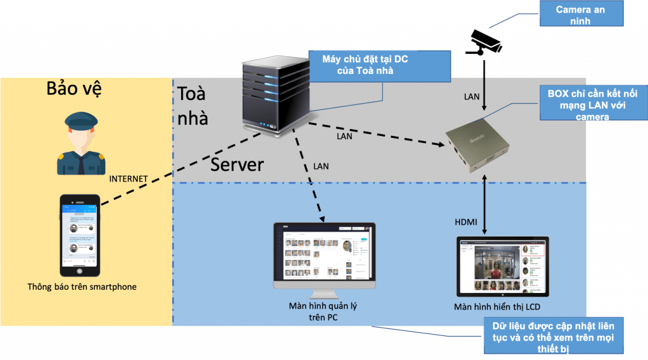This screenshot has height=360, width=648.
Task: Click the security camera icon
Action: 483,40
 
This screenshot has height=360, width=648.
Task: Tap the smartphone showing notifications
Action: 80,235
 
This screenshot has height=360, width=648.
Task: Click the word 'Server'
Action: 237,164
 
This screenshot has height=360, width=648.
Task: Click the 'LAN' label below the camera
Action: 472,97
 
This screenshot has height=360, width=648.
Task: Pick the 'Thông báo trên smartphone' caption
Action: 82,287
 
